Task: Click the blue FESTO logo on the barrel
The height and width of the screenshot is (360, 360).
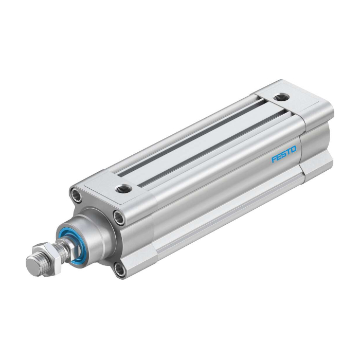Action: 284,154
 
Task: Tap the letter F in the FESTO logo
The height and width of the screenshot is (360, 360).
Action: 274,159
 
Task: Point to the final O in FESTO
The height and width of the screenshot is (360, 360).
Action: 293,150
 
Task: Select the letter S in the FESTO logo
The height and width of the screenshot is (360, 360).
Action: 284,154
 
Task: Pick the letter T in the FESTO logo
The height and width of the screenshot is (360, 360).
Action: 289,152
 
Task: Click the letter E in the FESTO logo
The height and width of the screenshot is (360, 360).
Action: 279,157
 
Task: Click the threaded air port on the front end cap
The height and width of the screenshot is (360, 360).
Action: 123,189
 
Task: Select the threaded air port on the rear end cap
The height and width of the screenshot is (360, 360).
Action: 281,98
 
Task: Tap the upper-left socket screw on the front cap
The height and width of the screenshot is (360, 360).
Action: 76,195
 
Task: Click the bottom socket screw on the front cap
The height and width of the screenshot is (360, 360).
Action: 120,271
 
